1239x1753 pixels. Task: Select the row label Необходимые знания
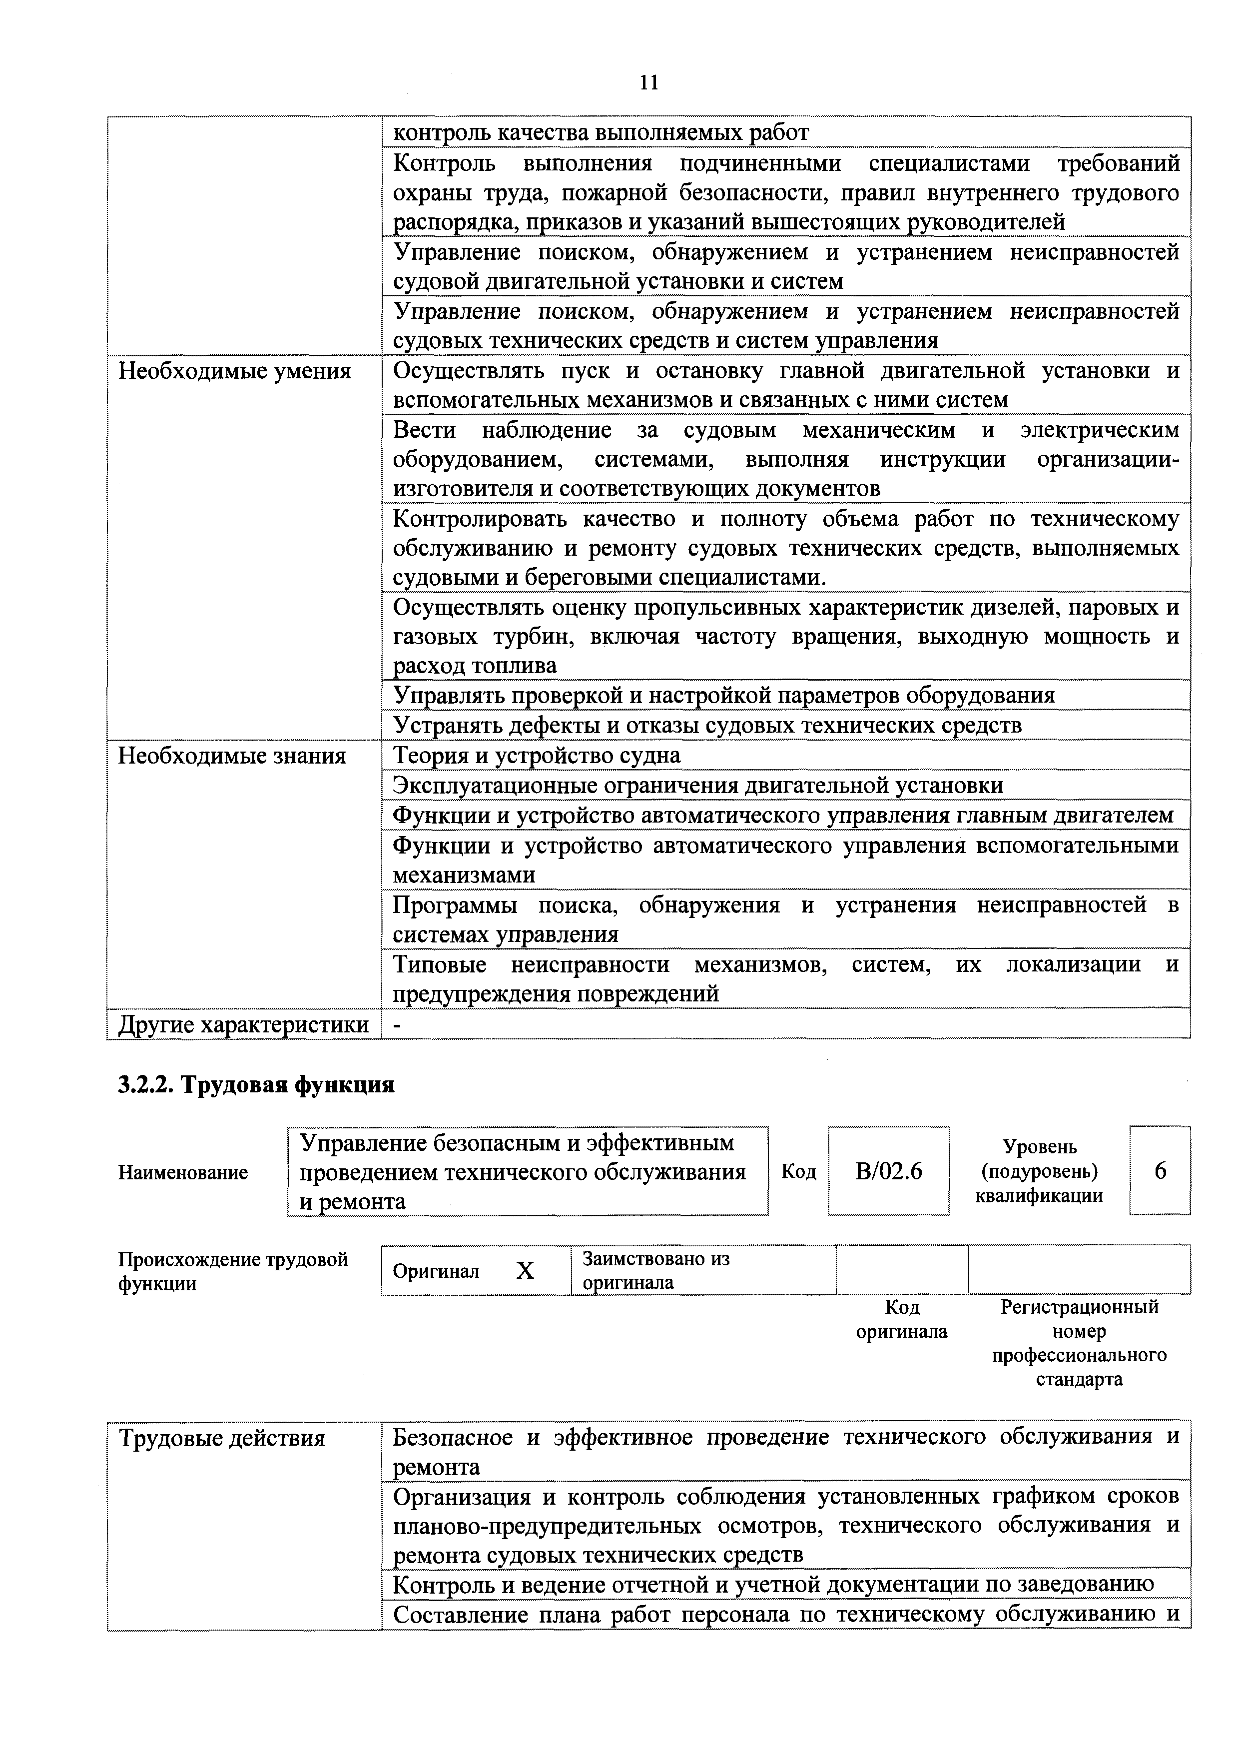[x=232, y=756]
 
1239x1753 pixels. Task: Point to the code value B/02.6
[x=889, y=1171]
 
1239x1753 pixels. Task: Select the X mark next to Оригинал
[x=525, y=1270]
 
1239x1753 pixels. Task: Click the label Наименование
[x=183, y=1173]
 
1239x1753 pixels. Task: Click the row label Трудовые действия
[x=222, y=1439]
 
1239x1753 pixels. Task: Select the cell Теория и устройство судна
[x=537, y=756]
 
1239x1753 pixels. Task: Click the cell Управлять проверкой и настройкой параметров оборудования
[x=724, y=696]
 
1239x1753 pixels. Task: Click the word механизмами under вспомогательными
[x=464, y=875]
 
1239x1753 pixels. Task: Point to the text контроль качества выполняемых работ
[x=601, y=133]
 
